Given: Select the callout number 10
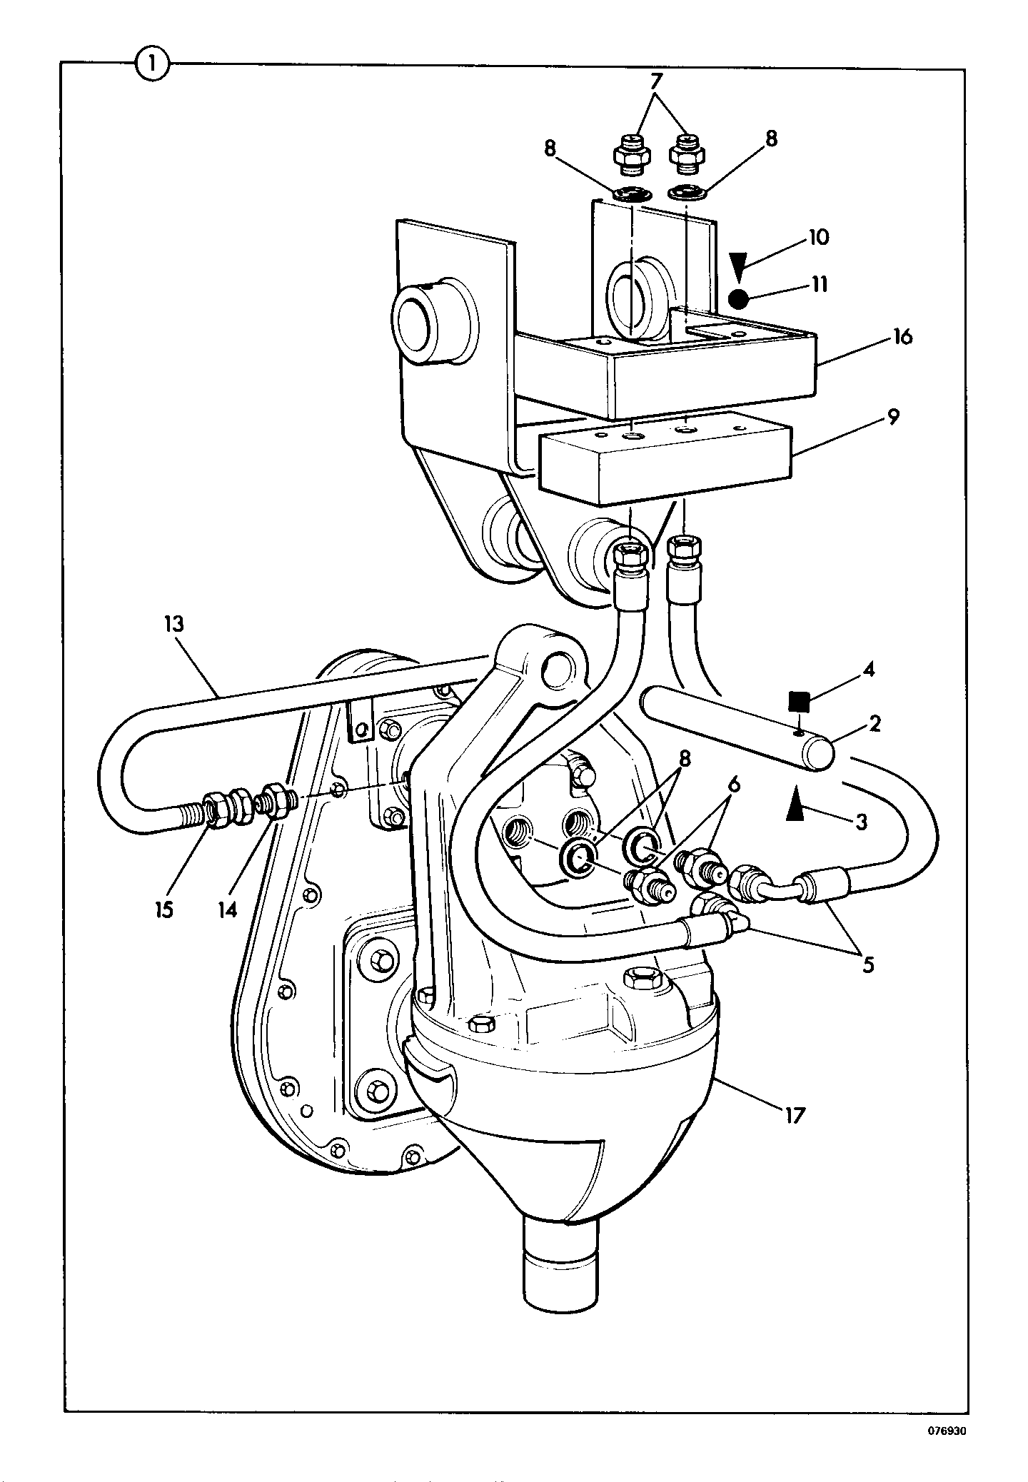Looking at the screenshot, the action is tap(819, 237).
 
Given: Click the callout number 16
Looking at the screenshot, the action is tap(902, 336).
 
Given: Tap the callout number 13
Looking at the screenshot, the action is tap(173, 625).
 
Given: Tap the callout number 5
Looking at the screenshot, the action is tap(867, 965).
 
